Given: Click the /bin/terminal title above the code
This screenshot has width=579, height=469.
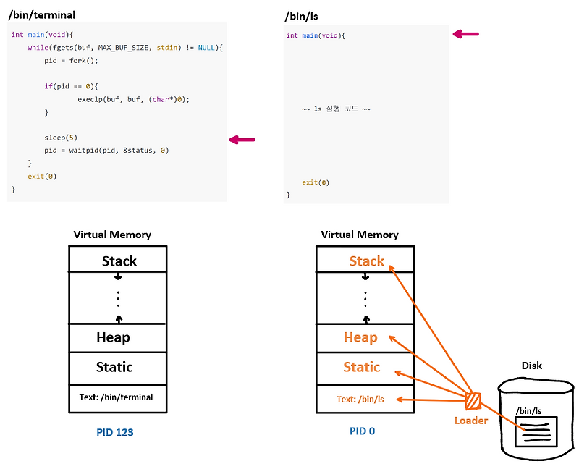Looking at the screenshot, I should [41, 14].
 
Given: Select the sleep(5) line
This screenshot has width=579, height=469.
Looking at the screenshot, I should [61, 138].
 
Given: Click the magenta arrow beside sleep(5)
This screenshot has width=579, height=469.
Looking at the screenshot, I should [242, 140].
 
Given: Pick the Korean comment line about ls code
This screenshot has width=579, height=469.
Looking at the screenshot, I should [336, 109].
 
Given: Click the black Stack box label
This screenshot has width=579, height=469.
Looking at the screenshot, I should [119, 261].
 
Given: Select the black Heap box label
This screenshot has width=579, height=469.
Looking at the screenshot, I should [113, 337].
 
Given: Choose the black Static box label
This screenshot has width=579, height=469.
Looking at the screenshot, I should [114, 367].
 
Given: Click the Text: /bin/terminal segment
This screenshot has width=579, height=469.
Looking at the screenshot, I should [117, 397].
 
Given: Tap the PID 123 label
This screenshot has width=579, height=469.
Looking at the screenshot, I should [114, 432].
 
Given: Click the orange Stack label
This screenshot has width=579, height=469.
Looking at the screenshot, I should [366, 261].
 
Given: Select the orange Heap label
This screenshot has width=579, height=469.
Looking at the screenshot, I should [360, 337].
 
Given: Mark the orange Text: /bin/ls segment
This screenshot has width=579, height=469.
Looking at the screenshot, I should [360, 399].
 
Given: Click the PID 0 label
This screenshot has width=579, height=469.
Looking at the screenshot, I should [362, 431].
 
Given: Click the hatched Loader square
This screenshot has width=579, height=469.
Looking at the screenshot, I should [474, 400].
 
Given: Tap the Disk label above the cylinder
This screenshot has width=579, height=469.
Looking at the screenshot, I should [531, 366].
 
